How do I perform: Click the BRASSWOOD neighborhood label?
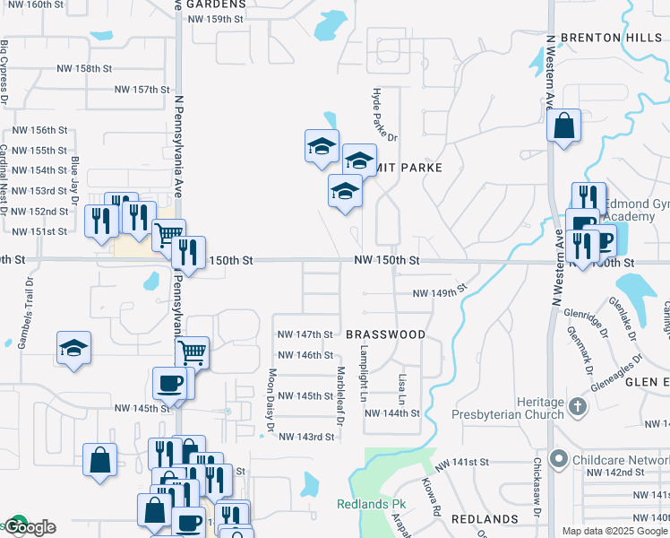[385, 334]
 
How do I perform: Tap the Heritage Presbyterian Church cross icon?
[578, 406]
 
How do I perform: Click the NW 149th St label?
[440, 291]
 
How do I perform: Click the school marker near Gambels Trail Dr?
[73, 349]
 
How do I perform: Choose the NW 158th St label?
[84, 68]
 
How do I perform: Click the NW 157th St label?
[142, 90]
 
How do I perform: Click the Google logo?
[29, 527]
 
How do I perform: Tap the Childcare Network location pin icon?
[559, 460]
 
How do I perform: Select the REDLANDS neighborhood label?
[484, 519]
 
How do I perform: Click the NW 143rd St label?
[306, 437]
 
